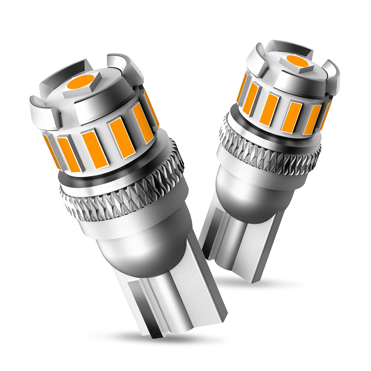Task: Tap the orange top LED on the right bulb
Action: coord(297,61)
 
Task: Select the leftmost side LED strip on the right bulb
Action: coord(241,87)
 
